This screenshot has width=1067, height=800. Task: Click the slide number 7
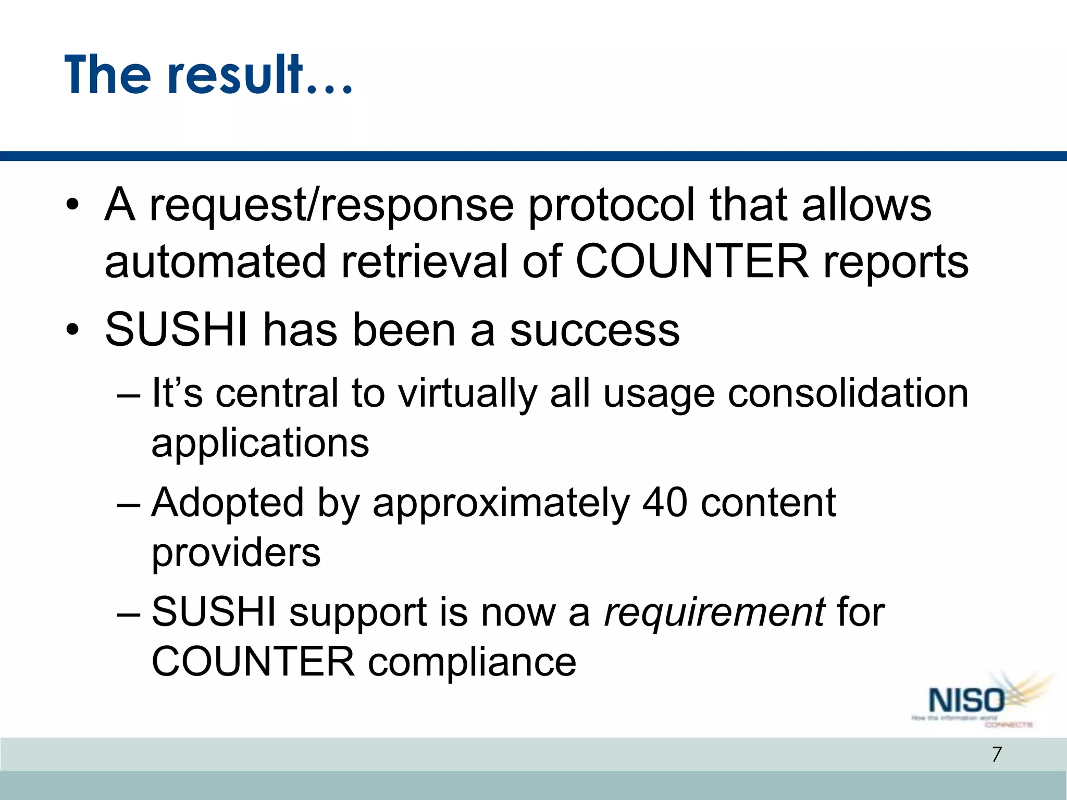(x=997, y=754)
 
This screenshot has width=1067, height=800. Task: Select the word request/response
(x=331, y=206)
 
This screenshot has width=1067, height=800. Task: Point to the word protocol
(x=612, y=206)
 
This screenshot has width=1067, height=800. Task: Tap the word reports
(x=896, y=264)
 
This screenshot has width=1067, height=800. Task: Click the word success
(x=595, y=331)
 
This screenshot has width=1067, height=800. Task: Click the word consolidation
(x=848, y=393)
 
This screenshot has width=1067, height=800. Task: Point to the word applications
(x=260, y=444)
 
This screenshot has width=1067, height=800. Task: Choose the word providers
(x=236, y=554)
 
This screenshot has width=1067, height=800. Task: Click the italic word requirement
(x=714, y=612)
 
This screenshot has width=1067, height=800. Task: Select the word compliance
(x=472, y=662)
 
